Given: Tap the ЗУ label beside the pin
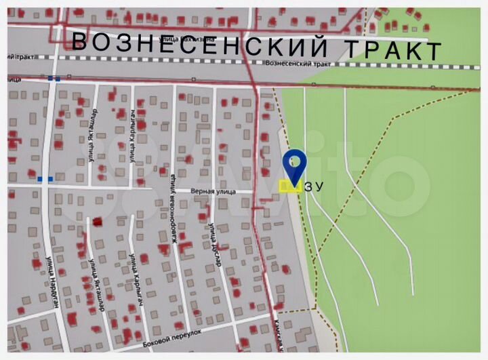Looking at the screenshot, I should coord(313,187).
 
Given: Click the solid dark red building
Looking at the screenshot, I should coord(98,221).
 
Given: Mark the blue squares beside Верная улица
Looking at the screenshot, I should coord(45,179).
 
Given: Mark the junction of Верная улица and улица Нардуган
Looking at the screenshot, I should coord(45,186).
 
